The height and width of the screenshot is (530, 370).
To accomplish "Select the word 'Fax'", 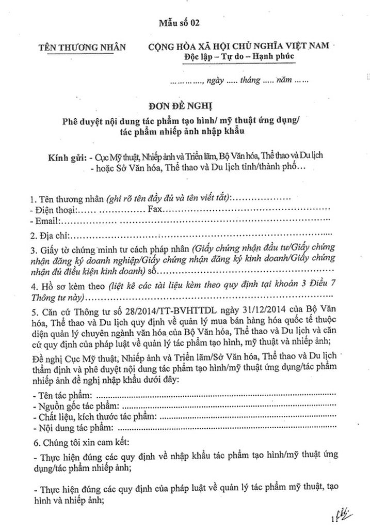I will [154, 210].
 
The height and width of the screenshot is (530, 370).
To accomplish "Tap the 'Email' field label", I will [47, 222].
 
